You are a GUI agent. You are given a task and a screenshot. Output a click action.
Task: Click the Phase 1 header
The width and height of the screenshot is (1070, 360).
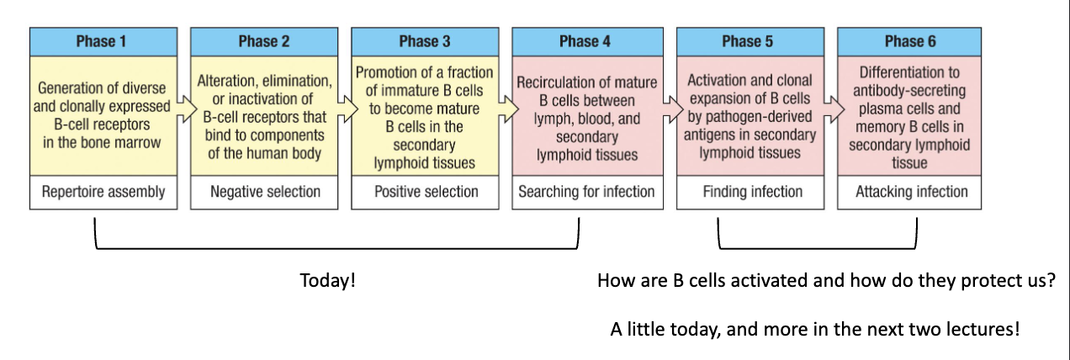point(103,42)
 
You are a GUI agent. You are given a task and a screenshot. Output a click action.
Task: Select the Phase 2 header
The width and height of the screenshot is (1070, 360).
point(264,42)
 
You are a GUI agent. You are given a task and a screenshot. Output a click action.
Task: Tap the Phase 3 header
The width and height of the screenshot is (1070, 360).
point(425,42)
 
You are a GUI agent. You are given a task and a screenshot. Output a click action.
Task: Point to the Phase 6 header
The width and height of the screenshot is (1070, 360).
point(911,42)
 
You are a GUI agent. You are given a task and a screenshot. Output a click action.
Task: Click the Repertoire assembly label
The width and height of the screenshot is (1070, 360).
point(103,192)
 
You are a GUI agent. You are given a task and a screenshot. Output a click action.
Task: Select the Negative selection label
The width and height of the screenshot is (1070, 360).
point(264,192)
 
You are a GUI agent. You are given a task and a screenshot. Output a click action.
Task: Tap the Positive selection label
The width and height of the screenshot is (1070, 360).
point(425,192)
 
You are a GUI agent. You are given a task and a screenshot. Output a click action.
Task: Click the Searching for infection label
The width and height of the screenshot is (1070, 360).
point(585,192)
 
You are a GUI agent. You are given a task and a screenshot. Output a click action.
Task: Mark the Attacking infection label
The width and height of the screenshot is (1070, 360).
point(911,192)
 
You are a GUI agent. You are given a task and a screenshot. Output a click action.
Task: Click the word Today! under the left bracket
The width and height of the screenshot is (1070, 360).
point(328,280)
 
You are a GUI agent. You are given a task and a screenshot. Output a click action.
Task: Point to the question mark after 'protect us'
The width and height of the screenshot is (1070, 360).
point(1051,280)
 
